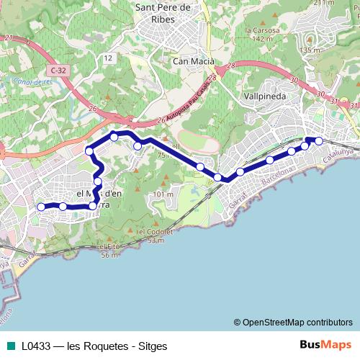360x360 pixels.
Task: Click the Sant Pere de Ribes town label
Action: click(163, 13)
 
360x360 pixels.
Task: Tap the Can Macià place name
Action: click(191, 62)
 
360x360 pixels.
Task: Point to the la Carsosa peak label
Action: click(261, 31)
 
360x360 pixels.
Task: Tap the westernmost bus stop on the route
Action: click(41, 207)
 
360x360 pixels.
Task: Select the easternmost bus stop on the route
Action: click(319, 140)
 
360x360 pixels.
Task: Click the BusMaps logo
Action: click(325, 345)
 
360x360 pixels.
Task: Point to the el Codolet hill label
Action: click(155, 232)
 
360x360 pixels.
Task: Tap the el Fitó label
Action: click(109, 247)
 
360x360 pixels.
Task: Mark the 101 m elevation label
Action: click(163, 194)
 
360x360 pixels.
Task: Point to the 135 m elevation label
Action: click(310, 50)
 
